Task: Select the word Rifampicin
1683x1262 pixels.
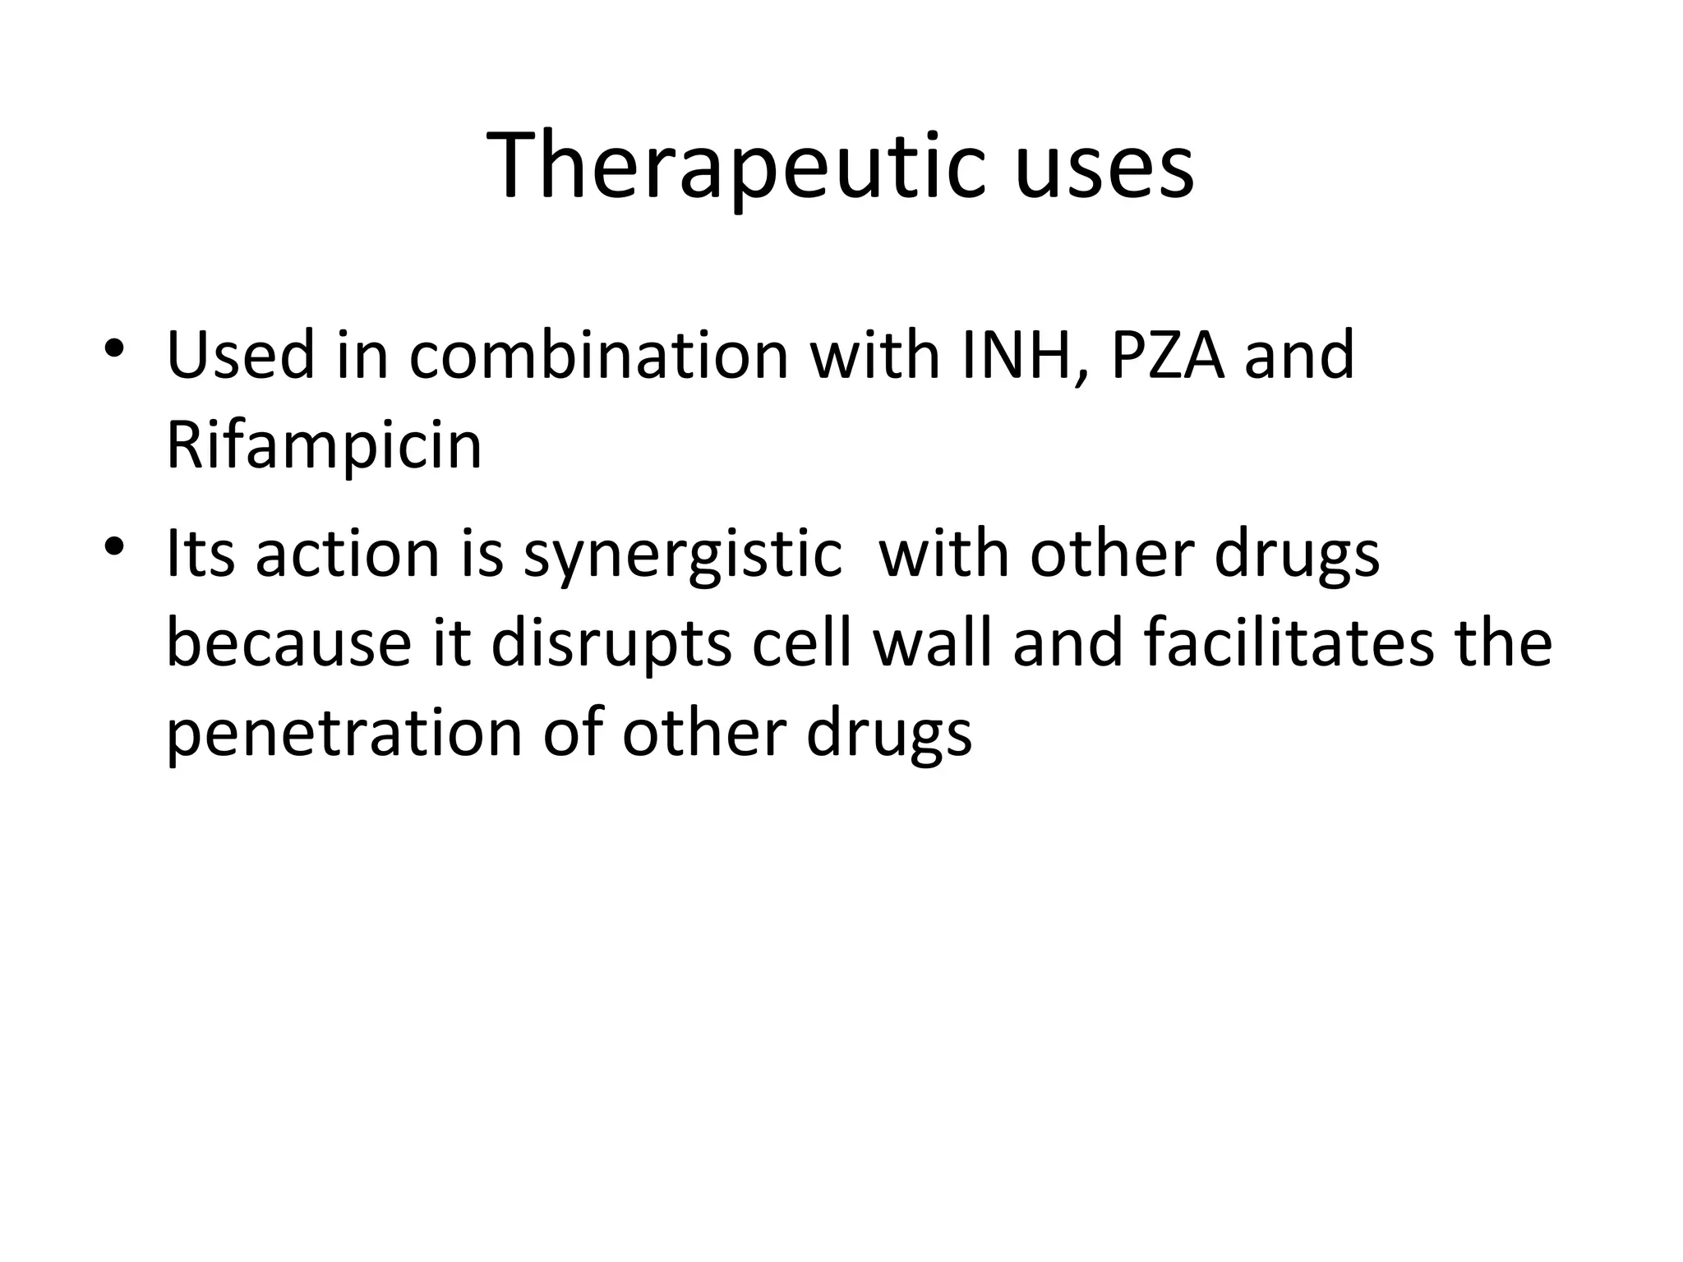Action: (x=324, y=445)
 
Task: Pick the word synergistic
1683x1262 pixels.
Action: (x=683, y=555)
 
